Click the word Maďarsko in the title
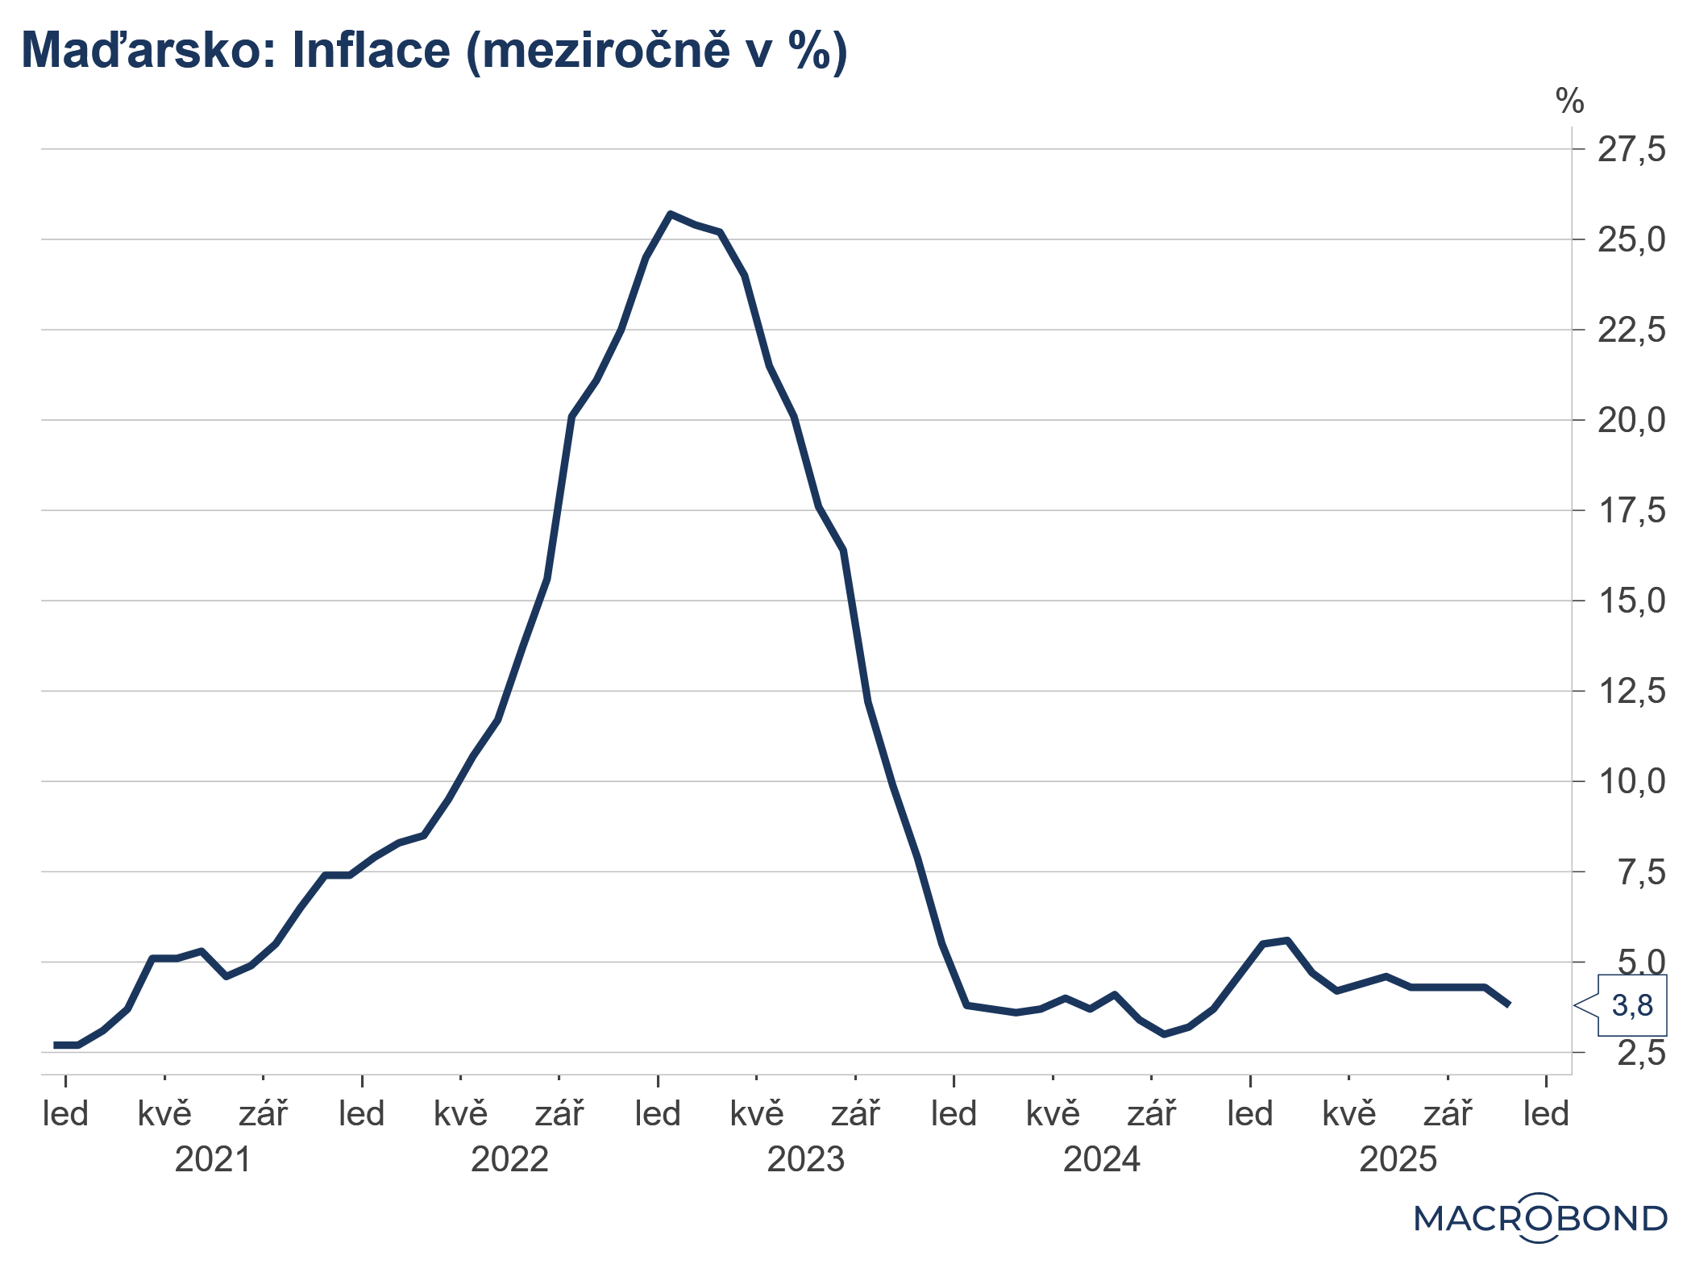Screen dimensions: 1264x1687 click(x=134, y=50)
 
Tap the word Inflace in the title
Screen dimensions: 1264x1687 click(x=370, y=50)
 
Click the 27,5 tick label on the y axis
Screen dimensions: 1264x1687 click(x=1631, y=150)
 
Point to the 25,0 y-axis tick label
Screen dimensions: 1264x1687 click(x=1631, y=240)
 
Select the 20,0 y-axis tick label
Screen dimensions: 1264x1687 click(x=1631, y=421)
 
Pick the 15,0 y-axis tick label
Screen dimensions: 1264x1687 click(x=1631, y=601)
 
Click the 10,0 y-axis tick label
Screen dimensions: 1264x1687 click(x=1631, y=782)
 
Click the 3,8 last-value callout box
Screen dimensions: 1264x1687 click(x=1631, y=1006)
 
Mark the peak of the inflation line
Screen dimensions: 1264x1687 click(x=670, y=214)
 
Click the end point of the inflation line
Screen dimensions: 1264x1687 click(x=1509, y=1005)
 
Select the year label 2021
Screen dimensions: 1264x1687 click(x=213, y=1160)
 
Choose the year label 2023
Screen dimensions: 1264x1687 click(x=805, y=1160)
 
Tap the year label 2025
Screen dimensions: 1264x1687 click(x=1398, y=1160)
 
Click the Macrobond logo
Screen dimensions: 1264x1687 click(x=1539, y=1218)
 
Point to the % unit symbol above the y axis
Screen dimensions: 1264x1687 click(x=1569, y=102)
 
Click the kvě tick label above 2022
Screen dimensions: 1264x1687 click(x=460, y=1115)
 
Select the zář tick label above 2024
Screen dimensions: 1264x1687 click(x=1151, y=1115)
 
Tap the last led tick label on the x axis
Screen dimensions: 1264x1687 click(x=1546, y=1115)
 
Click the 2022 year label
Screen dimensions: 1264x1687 click(x=509, y=1160)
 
